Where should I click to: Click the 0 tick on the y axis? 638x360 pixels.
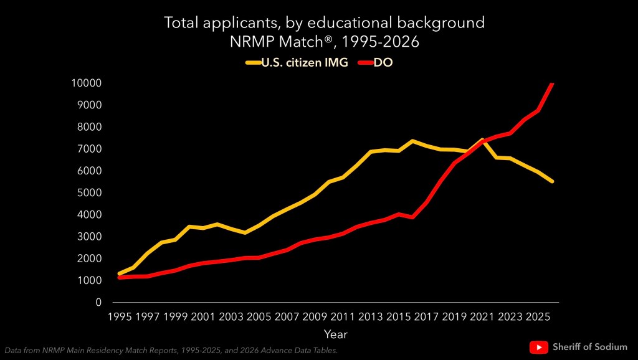(x=98, y=302)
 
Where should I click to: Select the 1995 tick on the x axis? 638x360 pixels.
(x=120, y=317)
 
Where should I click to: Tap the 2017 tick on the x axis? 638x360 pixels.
(x=427, y=317)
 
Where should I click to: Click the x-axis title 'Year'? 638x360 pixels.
(x=335, y=334)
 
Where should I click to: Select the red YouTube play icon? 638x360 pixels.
(x=539, y=347)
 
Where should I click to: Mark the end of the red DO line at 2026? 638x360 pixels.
(x=552, y=83)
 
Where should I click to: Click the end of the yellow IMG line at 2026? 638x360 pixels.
(x=552, y=181)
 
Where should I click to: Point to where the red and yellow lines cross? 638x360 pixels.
(x=480, y=143)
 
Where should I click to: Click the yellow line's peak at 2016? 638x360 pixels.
(x=412, y=141)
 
